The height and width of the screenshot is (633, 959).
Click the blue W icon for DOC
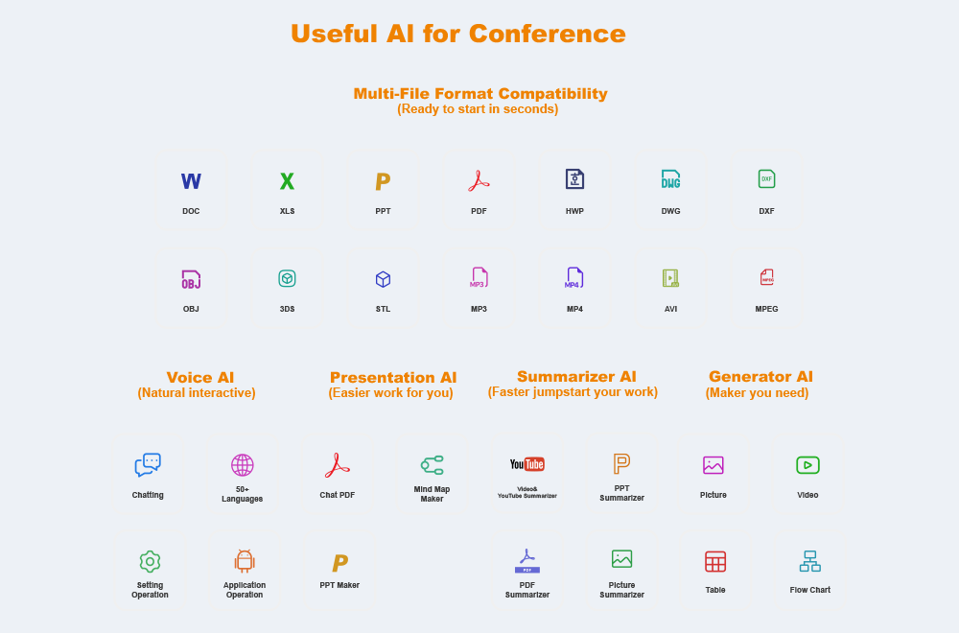pos(191,181)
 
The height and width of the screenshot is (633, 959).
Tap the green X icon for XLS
pos(287,181)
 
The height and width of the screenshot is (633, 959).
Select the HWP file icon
pos(574,179)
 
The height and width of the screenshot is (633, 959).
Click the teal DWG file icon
pos(670,179)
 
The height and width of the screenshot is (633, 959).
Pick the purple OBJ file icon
pos(191,279)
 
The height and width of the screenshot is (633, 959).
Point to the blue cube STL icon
pos(383,279)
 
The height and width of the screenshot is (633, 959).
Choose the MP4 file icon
pos(574,278)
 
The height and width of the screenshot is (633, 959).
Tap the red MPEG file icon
pos(766,277)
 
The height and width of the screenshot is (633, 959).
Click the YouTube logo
pos(527,464)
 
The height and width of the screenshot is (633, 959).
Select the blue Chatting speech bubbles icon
pos(148,465)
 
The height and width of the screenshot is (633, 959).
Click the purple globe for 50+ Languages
pos(243,465)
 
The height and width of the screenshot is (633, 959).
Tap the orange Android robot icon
pos(245,561)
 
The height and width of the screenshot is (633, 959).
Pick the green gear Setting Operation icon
pos(150,561)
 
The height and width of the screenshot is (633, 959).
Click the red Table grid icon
pos(715,561)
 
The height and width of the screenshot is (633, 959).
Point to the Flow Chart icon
pos(809,561)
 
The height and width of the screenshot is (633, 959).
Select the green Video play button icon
pos(807,465)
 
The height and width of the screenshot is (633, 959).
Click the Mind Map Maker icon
pos(432,465)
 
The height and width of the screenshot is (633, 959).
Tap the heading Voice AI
pos(200,377)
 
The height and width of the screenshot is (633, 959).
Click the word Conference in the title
pos(548,34)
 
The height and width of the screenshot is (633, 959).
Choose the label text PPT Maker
pos(339,585)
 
